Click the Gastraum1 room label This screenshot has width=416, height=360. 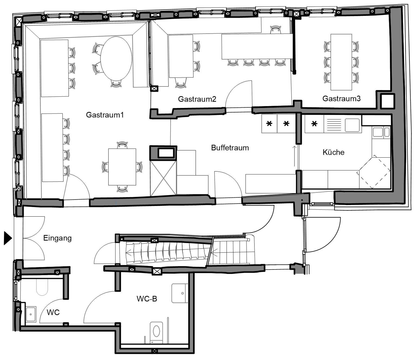tap(105, 115)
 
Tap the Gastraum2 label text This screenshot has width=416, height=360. tap(197, 99)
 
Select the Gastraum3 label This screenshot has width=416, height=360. tap(341, 98)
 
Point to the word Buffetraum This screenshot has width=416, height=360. tap(230, 148)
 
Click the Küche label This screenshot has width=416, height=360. tap(333, 152)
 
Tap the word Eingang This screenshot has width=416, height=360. tap(57, 238)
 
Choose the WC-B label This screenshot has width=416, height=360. tap(147, 299)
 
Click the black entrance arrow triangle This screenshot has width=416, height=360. tap(8, 238)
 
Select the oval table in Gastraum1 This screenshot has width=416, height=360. tap(116, 59)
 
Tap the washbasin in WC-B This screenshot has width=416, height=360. tap(180, 293)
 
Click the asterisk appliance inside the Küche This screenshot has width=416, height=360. tap(314, 124)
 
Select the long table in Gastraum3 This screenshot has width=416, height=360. tap(341, 62)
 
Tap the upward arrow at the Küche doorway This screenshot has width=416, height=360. tap(295, 156)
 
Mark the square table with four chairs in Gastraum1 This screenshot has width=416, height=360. tap(122, 167)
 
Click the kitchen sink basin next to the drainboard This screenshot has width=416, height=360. tap(352, 125)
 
